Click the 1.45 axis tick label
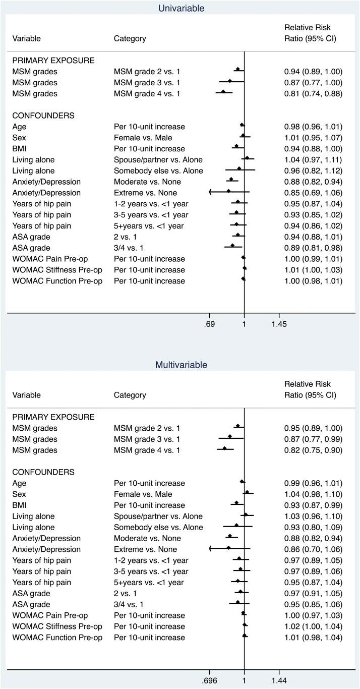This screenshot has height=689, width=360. click(279, 324)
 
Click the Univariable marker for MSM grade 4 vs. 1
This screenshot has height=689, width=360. click(223, 92)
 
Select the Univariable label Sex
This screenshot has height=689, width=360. click(19, 138)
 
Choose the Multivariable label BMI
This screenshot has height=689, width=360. click(20, 505)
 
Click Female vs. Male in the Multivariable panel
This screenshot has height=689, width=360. click(143, 494)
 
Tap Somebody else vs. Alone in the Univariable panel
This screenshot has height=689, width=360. click(158, 171)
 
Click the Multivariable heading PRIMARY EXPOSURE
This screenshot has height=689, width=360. click(53, 417)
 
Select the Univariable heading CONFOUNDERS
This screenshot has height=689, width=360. click(43, 116)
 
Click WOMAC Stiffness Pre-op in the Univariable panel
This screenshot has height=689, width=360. click(57, 270)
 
